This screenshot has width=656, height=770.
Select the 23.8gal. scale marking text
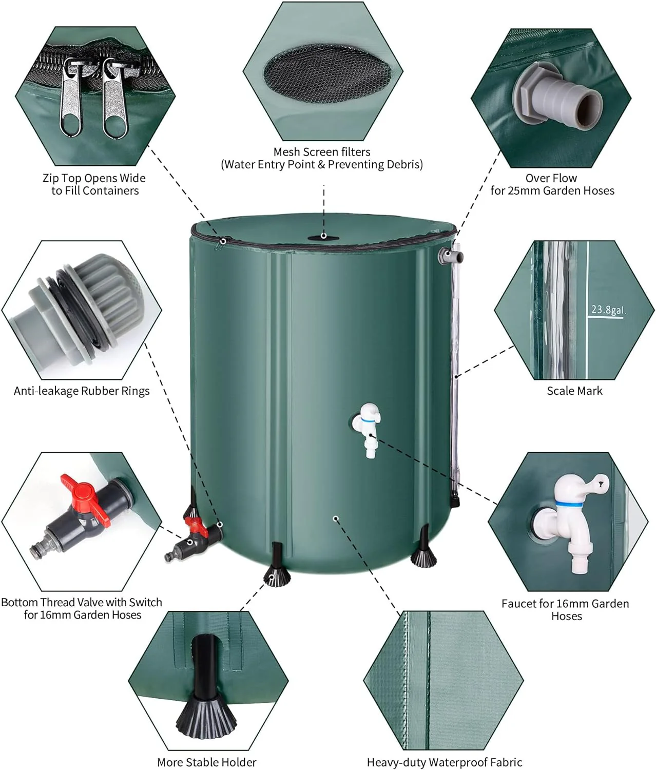[x=607, y=310]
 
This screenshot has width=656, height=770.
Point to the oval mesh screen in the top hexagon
[x=326, y=74]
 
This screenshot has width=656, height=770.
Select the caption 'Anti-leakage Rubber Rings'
[x=82, y=391]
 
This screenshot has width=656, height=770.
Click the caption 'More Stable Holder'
[x=206, y=762]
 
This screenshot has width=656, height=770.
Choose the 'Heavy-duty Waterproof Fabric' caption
[x=444, y=762]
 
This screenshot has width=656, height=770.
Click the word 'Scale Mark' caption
[x=574, y=391]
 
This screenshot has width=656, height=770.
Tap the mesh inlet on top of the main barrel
[x=323, y=237]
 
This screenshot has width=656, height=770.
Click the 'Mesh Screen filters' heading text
[x=322, y=152]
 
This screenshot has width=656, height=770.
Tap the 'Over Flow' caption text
[x=551, y=178]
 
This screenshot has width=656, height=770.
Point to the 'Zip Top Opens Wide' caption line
[x=94, y=178]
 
